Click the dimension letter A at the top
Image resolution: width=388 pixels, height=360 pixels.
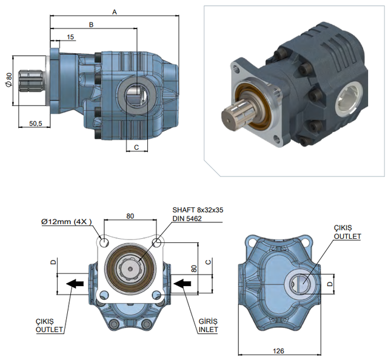114,11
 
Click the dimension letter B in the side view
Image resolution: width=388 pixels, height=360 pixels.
92,24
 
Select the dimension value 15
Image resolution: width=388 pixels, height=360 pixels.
70,38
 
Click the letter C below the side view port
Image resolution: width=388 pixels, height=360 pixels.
136,147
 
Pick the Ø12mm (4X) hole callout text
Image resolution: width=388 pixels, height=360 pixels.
67,222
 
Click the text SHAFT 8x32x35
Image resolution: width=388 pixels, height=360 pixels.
198,210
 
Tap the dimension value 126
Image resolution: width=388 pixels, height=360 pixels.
279,351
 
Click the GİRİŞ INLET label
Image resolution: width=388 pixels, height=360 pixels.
207,325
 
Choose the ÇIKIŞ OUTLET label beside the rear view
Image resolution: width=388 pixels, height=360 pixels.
347,232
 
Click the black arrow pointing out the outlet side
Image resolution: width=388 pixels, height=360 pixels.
75,282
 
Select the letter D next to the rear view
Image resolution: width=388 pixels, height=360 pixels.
330,283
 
